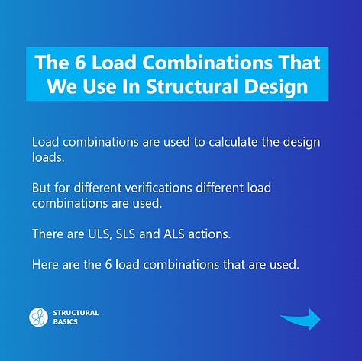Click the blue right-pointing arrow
tap(299, 318)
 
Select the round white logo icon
tap(38, 317)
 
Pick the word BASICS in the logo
tap(65, 321)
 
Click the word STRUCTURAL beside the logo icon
tap(76, 312)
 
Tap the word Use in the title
tap(91, 85)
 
